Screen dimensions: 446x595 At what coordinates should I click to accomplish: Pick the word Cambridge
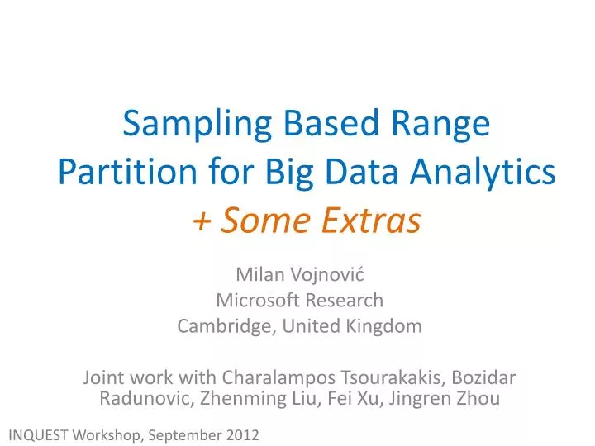(226, 325)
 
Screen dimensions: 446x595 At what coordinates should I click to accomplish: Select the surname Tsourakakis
(395, 377)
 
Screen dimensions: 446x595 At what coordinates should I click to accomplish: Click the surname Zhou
(477, 400)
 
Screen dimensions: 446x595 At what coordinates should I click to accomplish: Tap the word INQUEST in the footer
(39, 434)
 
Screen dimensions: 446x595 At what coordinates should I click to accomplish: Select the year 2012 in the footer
(242, 434)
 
